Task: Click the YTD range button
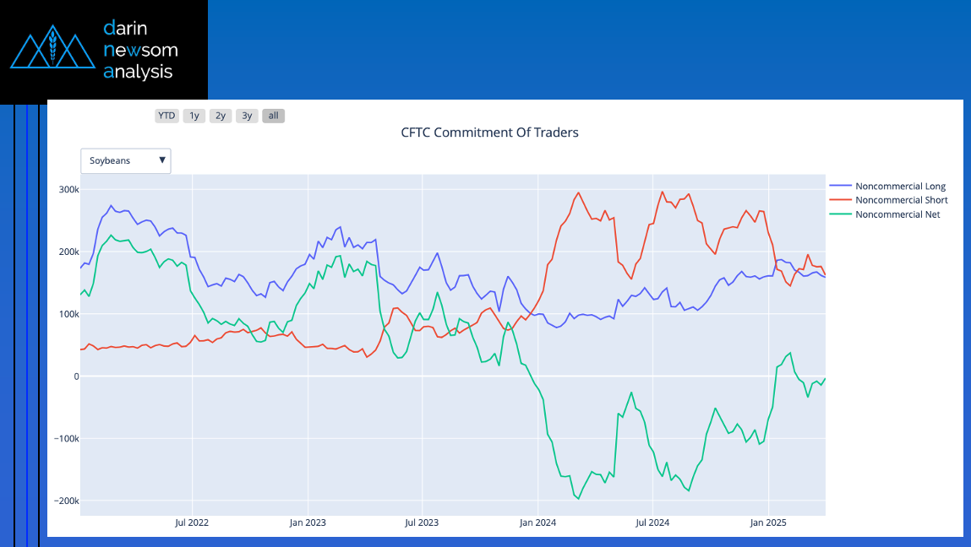point(166,116)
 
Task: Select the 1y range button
point(194,116)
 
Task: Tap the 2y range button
point(221,116)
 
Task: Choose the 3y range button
point(247,116)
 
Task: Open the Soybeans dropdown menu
point(126,161)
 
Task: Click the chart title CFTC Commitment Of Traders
point(490,133)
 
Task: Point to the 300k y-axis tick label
point(68,189)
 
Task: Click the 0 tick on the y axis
point(76,376)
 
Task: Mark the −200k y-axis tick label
point(66,501)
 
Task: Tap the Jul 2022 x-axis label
point(192,523)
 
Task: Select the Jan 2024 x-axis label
point(537,523)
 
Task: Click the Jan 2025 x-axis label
point(768,523)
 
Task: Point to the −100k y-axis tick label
point(66,439)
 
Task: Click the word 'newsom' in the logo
point(140,50)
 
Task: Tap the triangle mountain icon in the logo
point(52,46)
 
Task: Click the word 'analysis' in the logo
point(138,72)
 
